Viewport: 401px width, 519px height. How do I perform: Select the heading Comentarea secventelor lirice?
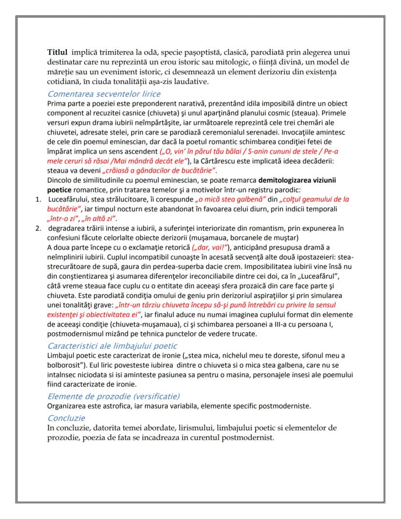pos(104,94)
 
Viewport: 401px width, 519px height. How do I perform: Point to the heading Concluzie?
pos(66,418)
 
